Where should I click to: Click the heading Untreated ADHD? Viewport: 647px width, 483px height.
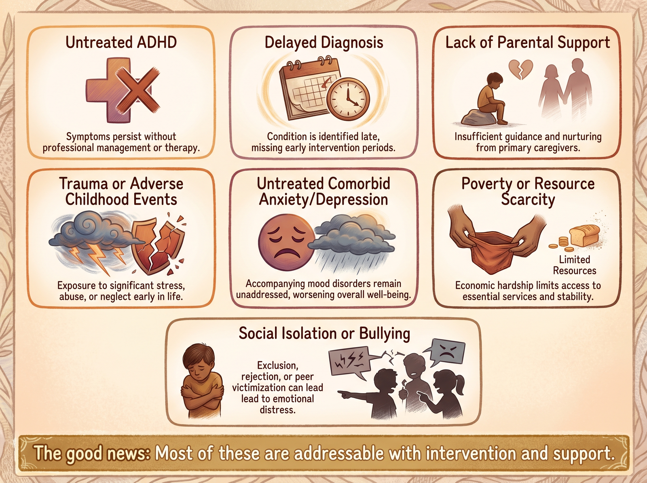121,42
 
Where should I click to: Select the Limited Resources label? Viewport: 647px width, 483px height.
575,265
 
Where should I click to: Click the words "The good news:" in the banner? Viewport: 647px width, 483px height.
92,453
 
